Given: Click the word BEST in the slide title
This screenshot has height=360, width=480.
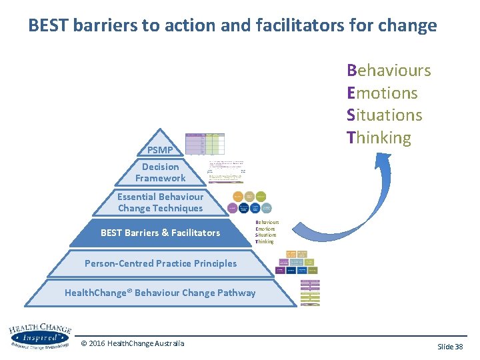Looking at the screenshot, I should click(49, 26).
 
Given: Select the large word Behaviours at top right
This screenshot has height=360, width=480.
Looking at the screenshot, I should click(389, 71).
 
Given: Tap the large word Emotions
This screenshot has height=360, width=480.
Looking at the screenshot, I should click(382, 93).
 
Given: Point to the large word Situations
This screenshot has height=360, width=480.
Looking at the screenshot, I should click(385, 115).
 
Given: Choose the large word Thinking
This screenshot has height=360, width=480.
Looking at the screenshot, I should click(379, 138).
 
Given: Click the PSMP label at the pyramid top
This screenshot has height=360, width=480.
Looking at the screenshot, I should click(160, 150).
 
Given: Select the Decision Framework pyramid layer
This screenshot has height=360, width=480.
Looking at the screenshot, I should click(160, 172).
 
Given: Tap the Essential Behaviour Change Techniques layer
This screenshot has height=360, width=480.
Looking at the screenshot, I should click(160, 202).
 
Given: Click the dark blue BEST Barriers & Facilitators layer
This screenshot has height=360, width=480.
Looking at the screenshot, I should click(160, 233).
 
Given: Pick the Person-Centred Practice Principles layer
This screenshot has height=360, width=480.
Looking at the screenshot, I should click(160, 263).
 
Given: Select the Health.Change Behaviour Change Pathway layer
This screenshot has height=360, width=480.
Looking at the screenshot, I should click(160, 293).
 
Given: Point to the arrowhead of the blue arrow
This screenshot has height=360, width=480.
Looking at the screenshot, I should click(382, 160).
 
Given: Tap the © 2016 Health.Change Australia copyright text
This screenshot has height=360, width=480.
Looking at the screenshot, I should click(132, 343).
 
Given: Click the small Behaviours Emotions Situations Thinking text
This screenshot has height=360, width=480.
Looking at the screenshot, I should click(267, 232).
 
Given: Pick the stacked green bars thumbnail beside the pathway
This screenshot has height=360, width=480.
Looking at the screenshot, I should click(310, 292).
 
